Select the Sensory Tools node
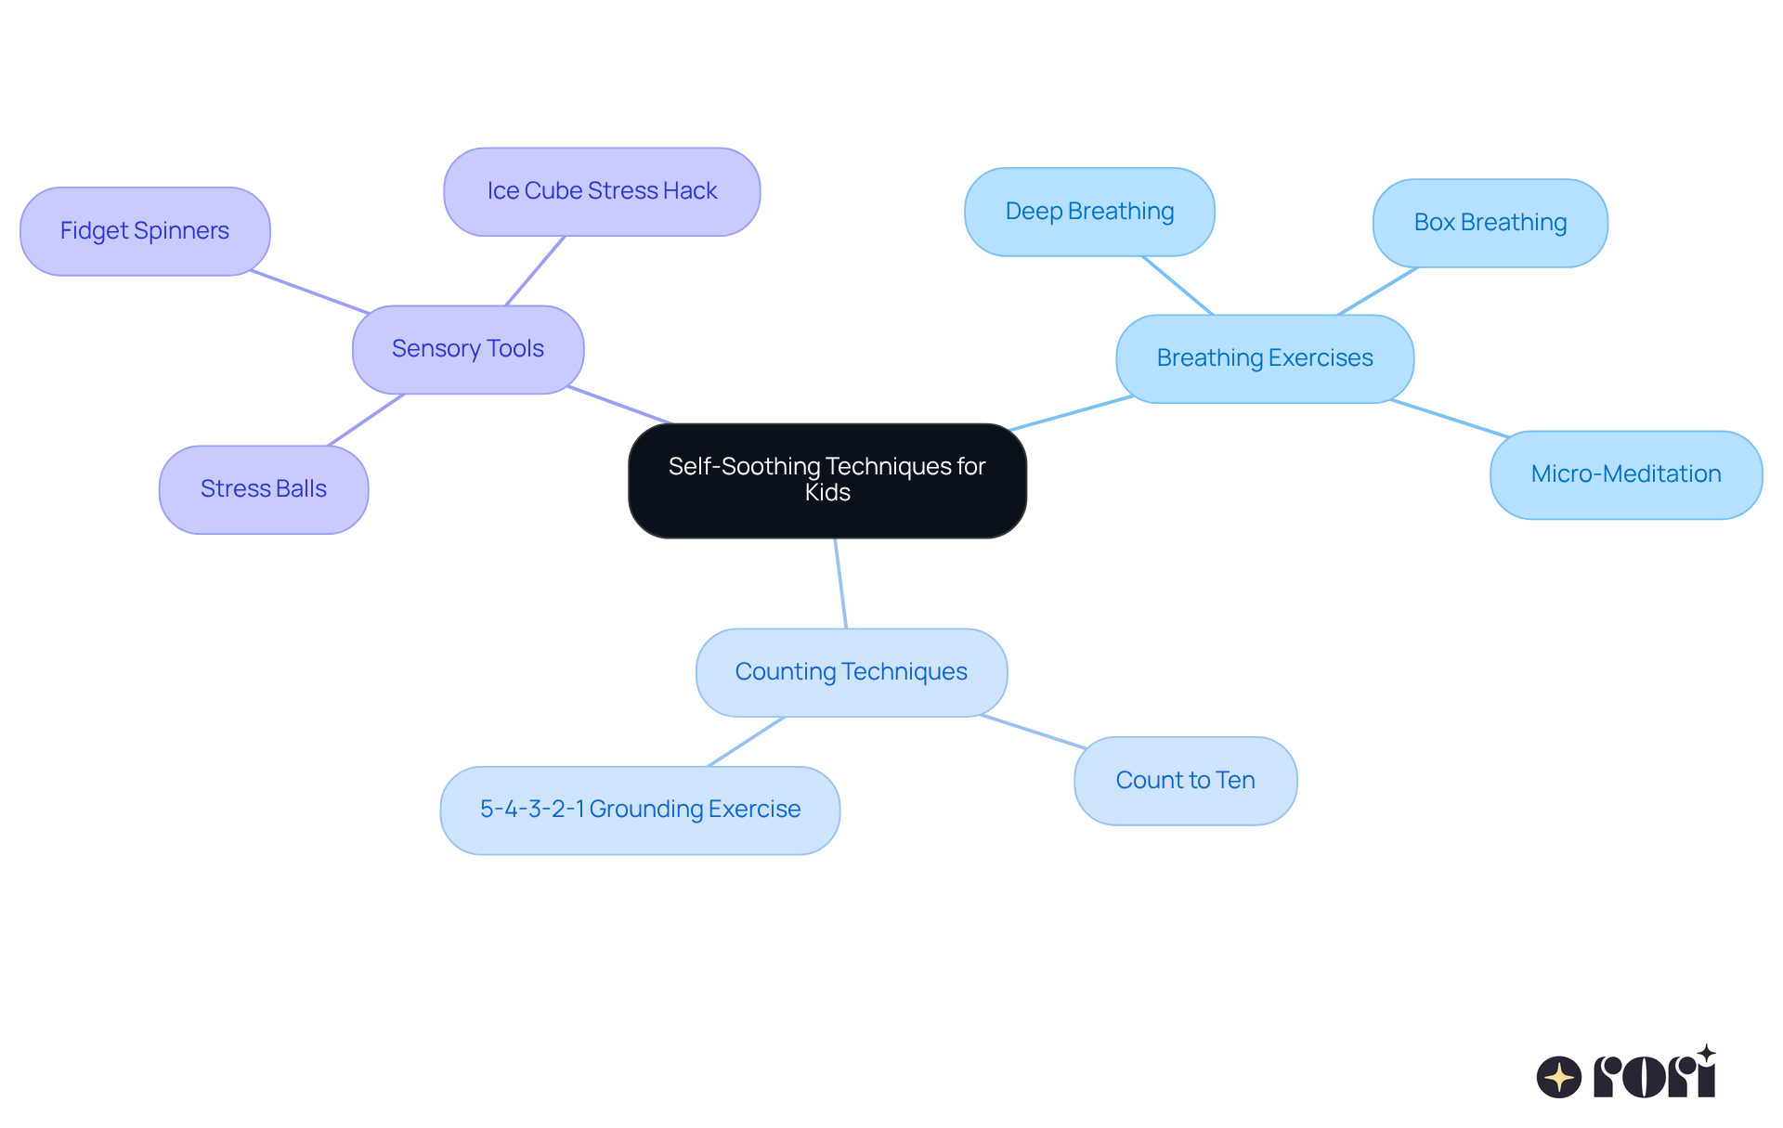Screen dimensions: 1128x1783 click(468, 349)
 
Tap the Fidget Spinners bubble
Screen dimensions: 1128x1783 click(145, 231)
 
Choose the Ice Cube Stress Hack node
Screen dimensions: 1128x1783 click(602, 191)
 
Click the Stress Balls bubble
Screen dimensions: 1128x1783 click(264, 489)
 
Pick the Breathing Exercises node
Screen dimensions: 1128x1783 click(1264, 358)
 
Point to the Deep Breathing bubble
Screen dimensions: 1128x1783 click(1089, 212)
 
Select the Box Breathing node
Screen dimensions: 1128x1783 click(1490, 223)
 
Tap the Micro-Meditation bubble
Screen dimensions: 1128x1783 click(1625, 474)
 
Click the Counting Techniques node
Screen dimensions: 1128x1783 click(851, 672)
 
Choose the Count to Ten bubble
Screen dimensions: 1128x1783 click(1185, 781)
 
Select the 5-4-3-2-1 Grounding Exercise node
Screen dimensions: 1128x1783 click(640, 810)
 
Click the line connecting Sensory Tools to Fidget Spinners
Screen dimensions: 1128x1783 click(310, 292)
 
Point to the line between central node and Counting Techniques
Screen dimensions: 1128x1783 click(840, 583)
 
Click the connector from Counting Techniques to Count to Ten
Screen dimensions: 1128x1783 click(1033, 732)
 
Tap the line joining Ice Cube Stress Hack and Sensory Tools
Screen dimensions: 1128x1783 click(535, 270)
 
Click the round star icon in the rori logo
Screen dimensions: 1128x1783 click(1558, 1077)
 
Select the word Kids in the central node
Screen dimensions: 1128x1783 click(826, 493)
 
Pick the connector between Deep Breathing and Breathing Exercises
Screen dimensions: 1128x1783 click(1178, 285)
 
